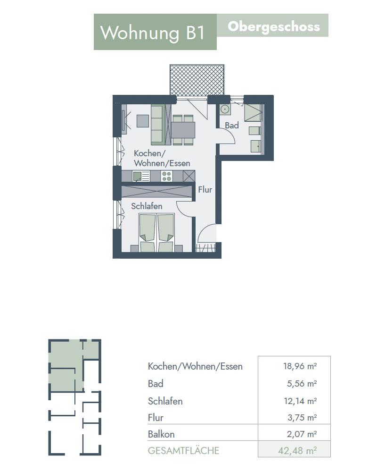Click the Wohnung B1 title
[153, 33]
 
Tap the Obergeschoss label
[274, 27]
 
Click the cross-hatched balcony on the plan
[197, 80]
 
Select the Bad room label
[232, 125]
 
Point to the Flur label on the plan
[205, 190]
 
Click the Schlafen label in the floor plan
[147, 206]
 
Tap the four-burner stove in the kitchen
[166, 176]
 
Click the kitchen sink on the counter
[141, 176]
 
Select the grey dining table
[183, 130]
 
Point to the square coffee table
[143, 121]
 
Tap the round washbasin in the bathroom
[225, 109]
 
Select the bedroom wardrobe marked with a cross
[156, 192]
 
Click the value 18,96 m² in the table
[300, 366]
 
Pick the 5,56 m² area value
[302, 383]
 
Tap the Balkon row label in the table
[161, 434]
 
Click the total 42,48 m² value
[297, 451]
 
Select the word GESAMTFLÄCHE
[183, 451]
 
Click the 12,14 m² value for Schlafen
[300, 401]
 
